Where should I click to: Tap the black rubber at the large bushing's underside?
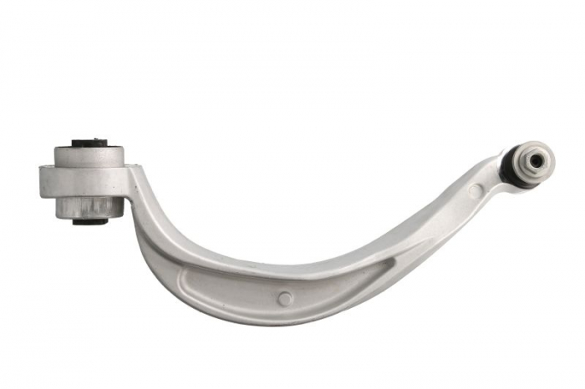(x=89, y=221)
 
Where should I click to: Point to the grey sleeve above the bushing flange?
(x=89, y=157)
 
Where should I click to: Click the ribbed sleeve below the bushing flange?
(x=89, y=206)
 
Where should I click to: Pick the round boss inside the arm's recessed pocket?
(x=285, y=298)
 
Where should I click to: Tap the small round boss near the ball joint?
(x=475, y=191)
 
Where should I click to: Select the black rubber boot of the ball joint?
(x=510, y=167)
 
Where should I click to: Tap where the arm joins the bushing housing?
(x=132, y=179)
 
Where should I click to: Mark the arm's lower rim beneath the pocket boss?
(x=285, y=316)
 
